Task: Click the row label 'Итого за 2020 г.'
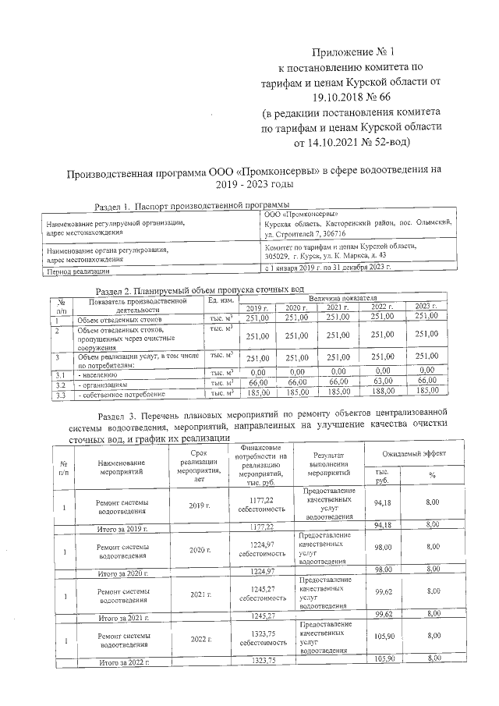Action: click(x=122, y=573)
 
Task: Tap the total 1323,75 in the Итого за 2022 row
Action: click(x=265, y=662)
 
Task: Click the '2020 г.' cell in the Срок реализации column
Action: click(x=200, y=550)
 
